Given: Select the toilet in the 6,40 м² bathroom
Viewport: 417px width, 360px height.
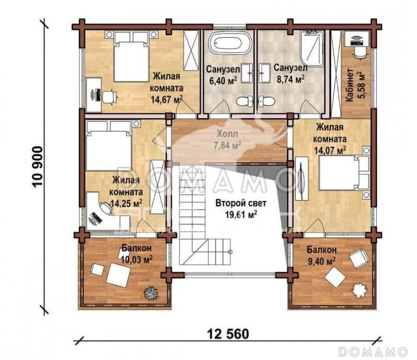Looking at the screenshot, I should [242, 101].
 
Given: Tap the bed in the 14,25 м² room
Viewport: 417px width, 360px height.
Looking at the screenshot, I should [108, 147].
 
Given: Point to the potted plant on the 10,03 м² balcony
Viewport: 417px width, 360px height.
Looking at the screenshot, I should [151, 293].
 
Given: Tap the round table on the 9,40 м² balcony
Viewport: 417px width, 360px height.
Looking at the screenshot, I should [359, 290].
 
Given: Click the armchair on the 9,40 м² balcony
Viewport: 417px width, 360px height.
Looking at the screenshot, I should [359, 258].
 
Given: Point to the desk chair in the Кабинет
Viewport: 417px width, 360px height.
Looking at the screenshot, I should [358, 52].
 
